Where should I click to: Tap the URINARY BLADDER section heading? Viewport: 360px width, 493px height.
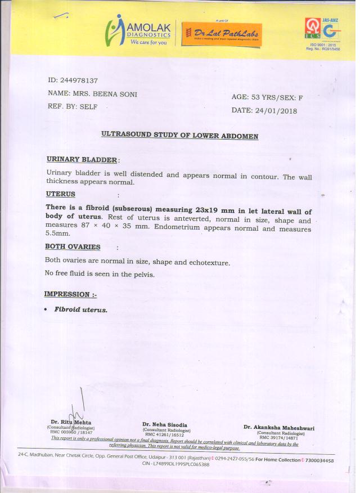tap(82, 160)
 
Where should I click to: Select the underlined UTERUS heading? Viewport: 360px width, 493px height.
tap(60, 194)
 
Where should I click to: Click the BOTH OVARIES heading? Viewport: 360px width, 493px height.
tap(73, 246)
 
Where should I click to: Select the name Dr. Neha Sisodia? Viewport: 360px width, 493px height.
tap(164, 425)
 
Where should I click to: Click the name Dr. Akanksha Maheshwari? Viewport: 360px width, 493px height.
tap(278, 428)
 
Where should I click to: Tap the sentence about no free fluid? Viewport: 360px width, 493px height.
tap(100, 274)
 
